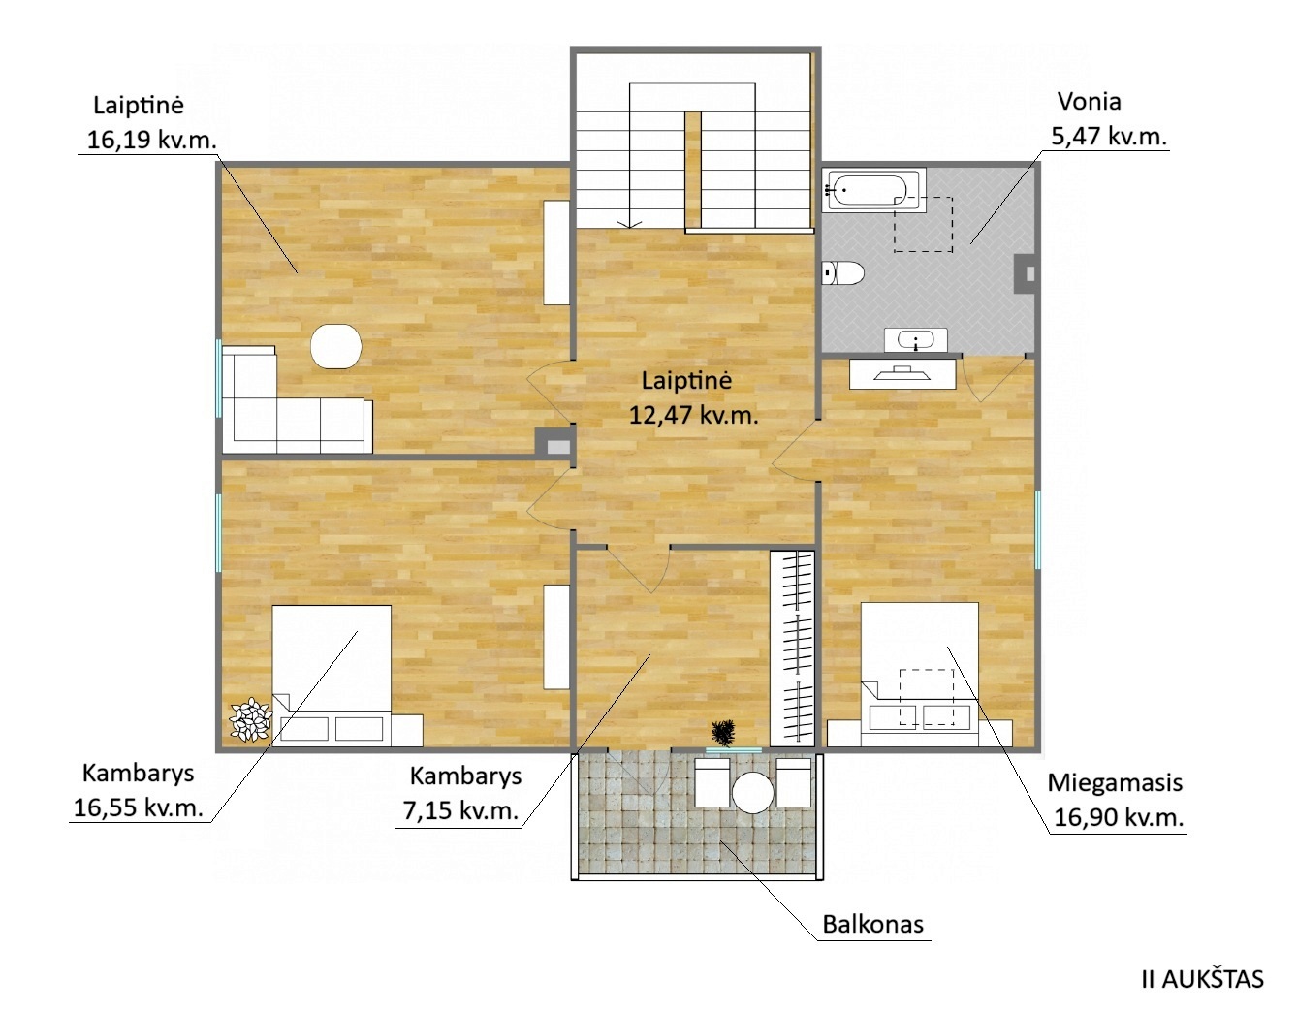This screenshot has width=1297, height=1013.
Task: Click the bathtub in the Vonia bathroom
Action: (873, 190)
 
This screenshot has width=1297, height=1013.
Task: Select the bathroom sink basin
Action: (915, 340)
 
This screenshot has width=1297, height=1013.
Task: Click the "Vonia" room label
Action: (1090, 102)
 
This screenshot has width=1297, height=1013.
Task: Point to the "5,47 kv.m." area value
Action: (1108, 138)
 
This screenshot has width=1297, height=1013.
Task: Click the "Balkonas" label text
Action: (872, 924)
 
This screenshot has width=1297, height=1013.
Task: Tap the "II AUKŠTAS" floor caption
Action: (1203, 980)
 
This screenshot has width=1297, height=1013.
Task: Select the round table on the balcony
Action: (752, 792)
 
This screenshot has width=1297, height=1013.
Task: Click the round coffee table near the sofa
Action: (336, 346)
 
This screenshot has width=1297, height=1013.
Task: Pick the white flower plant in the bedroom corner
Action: (251, 719)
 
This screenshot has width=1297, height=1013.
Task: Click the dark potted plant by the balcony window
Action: (723, 733)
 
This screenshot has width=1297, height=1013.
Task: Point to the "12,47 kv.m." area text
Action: (693, 415)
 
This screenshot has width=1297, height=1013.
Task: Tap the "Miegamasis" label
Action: (1115, 782)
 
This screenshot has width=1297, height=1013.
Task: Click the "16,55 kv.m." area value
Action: (139, 807)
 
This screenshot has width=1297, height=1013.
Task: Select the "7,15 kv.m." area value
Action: (460, 810)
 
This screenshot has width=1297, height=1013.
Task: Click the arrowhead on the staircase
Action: (629, 224)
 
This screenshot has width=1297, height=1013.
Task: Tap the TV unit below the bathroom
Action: (902, 373)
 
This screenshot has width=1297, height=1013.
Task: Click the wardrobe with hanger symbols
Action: (792, 649)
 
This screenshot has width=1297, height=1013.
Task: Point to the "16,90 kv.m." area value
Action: (1119, 817)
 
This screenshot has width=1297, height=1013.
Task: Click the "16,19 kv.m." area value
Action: (151, 141)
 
